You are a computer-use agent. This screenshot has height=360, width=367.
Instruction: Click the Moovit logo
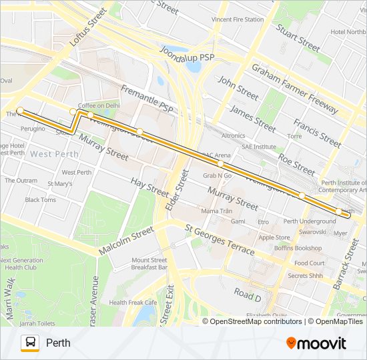point(316,343)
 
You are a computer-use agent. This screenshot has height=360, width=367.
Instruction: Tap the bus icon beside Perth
point(29,343)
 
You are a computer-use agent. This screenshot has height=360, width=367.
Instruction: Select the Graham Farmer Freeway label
point(295,88)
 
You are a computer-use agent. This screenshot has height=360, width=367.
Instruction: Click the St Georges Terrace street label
point(220,241)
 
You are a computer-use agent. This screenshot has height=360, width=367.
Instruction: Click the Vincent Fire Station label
point(238,19)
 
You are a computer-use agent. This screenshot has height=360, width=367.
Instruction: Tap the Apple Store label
point(274,237)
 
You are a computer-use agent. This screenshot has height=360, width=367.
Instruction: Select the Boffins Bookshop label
point(298,248)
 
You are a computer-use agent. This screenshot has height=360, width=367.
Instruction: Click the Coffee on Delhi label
point(99,105)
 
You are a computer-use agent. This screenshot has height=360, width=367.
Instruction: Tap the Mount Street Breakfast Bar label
point(149,263)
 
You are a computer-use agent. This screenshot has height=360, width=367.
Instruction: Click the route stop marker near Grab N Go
point(220,163)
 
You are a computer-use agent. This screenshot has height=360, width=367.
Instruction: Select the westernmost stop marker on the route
point(20,110)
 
